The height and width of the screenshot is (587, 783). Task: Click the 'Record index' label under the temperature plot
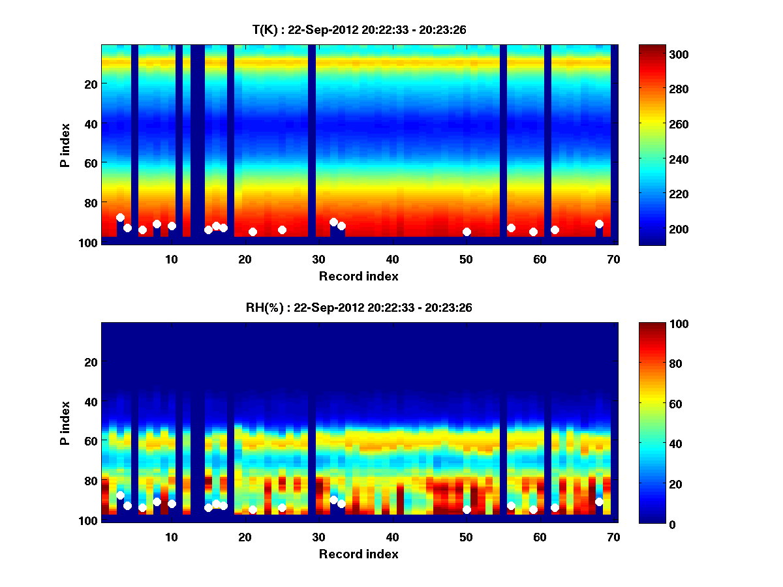tap(358, 276)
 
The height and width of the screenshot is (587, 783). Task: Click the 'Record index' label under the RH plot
tap(358, 554)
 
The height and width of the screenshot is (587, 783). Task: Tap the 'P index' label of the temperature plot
tap(65, 144)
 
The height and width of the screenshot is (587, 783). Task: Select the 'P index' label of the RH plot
tap(65, 422)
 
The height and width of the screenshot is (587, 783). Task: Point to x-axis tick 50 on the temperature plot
tap(466, 259)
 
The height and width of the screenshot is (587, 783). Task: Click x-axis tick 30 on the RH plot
tap(318, 537)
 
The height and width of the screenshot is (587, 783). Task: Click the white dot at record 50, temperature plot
tap(467, 232)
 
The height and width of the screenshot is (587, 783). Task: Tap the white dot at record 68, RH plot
tap(599, 502)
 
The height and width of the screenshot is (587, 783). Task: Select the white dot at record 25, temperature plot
tap(282, 230)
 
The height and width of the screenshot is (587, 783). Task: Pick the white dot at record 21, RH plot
tap(253, 509)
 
